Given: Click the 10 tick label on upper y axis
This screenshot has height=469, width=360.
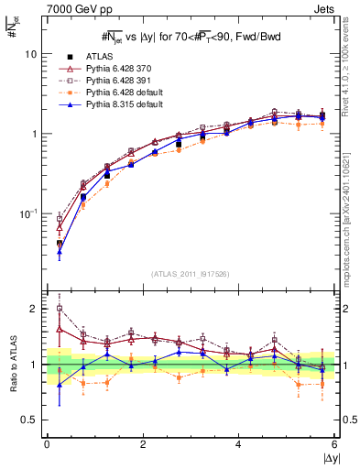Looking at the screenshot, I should tap(31, 54).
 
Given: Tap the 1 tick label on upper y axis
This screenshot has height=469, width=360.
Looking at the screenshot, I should tap(34, 134).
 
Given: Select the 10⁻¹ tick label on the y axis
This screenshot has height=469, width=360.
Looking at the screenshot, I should tap(29, 213).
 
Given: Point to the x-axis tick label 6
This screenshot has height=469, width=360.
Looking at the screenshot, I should tap(335, 444).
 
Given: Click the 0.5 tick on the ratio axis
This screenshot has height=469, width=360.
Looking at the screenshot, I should tap(29, 420).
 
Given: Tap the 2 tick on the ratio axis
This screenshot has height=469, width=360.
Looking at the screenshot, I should tap(34, 309).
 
